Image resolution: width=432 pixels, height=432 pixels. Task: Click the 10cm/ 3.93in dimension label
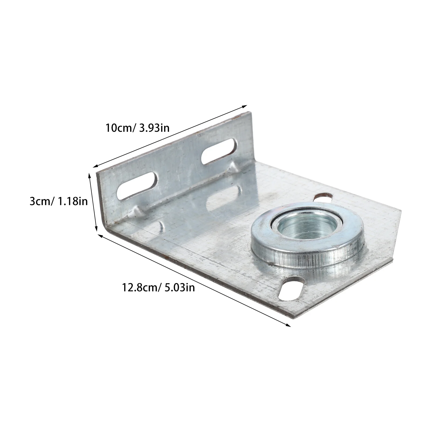pos(137,127)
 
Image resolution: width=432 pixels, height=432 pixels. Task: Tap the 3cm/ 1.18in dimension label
pos(59,201)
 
